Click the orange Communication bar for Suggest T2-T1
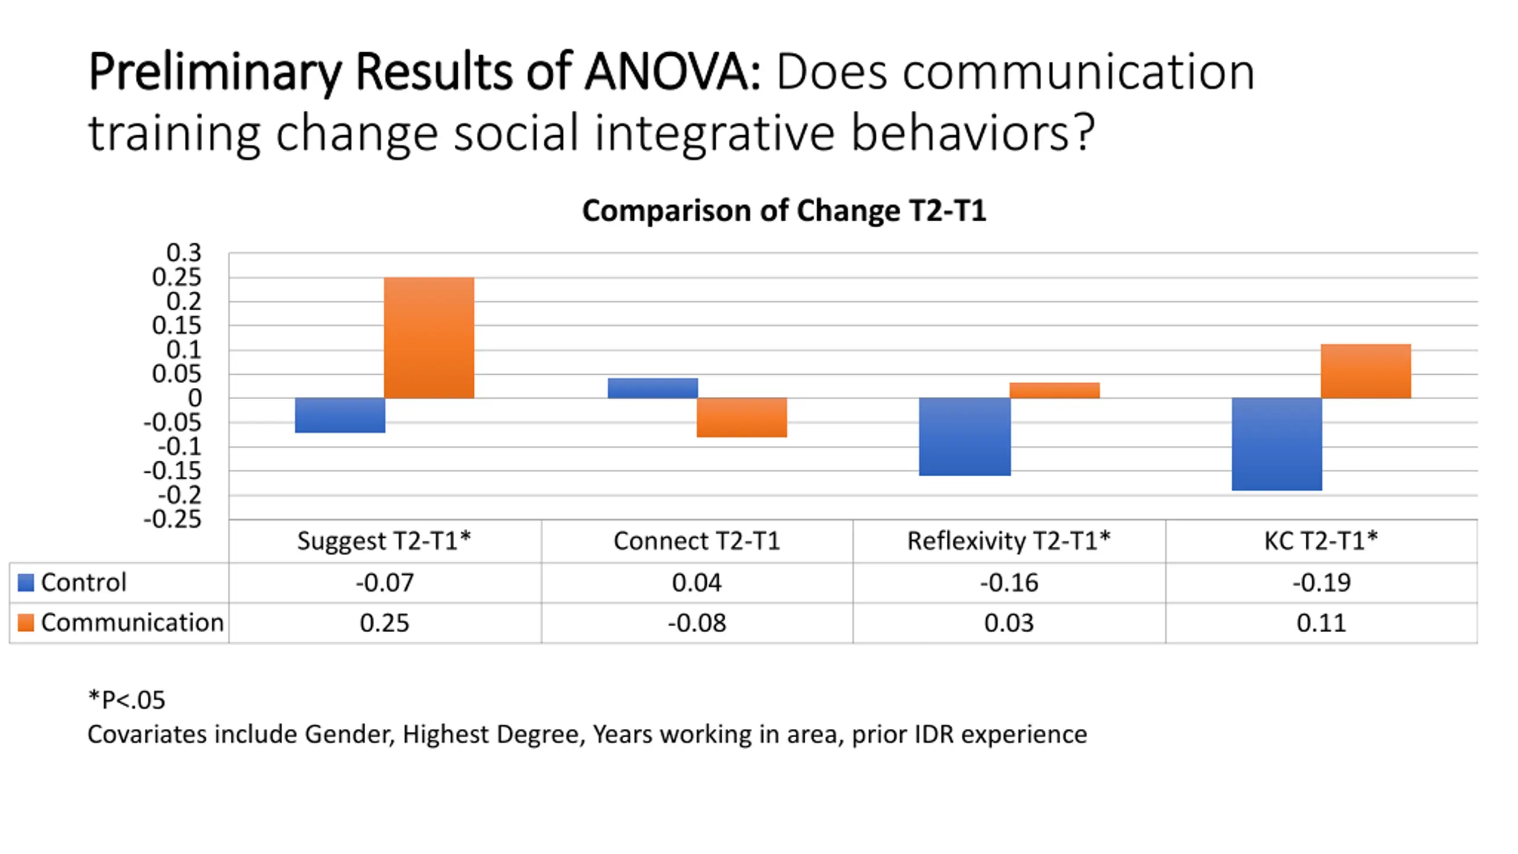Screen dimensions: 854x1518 coord(429,337)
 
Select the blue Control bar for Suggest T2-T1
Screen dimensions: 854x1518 coord(340,415)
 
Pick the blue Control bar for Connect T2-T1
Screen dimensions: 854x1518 coord(652,388)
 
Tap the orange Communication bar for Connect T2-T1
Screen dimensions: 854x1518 coord(741,418)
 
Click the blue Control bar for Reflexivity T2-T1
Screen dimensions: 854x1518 coord(965,436)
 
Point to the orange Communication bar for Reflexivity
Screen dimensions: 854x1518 coord(1054,390)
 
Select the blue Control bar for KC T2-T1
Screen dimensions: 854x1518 coord(1277,444)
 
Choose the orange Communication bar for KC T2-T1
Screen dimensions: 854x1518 coord(1366,371)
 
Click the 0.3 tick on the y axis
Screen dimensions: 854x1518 coord(184,253)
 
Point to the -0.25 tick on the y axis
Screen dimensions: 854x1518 coord(173,520)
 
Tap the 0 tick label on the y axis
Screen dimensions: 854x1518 coord(194,399)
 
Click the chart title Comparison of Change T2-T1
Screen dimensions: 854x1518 coord(784,211)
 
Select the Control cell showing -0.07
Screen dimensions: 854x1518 coord(385,583)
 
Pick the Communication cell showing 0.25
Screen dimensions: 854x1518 coord(385,623)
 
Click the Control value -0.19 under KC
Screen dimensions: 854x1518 coord(1322,583)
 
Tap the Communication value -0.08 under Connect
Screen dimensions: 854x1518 coord(697,623)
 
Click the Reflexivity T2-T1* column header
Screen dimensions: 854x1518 coord(1009,541)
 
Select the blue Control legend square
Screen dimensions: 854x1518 coord(26,582)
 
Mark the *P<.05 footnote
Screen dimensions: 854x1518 coord(126,700)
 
